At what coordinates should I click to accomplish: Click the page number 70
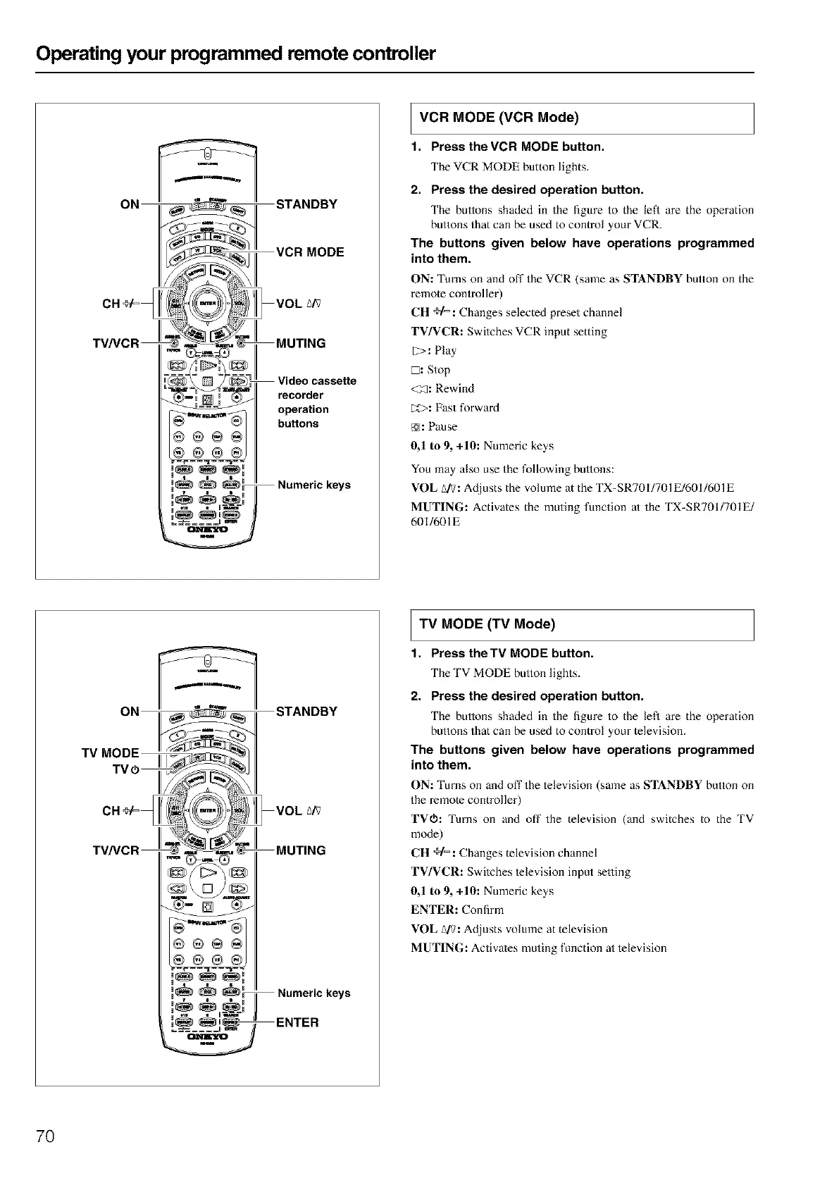coord(45,1136)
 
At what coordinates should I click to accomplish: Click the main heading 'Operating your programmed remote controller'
coord(237,54)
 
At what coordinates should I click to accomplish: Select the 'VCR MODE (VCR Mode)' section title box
coord(582,118)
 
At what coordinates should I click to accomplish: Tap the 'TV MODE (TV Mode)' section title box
coord(582,624)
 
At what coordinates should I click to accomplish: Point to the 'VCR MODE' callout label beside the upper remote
coord(310,252)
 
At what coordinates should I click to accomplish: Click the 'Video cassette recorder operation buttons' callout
coord(317,402)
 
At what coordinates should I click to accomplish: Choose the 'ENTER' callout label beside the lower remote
coord(297,1022)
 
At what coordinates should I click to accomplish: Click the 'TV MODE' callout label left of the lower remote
coord(110,753)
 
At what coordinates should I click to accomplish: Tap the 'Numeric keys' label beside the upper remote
coord(313,485)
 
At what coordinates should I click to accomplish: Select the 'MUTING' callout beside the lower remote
coord(301,850)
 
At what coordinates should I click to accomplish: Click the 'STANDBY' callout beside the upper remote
coord(306,204)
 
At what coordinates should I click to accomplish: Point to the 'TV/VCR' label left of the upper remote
coord(116,344)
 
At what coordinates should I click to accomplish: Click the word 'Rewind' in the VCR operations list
coord(454,388)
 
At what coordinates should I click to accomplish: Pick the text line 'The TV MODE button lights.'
coord(505,673)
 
